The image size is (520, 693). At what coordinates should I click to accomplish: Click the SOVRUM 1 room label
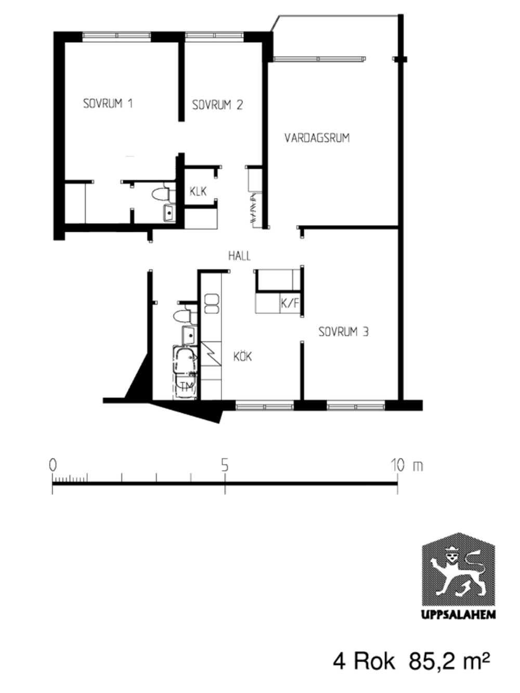tap(108, 103)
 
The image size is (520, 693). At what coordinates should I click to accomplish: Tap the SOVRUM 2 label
tap(217, 105)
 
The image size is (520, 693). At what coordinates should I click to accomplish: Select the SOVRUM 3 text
tap(344, 332)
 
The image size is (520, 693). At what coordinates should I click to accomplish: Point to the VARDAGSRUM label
tap(317, 138)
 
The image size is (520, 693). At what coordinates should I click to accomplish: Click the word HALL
tap(240, 256)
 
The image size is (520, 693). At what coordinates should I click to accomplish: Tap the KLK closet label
tap(198, 191)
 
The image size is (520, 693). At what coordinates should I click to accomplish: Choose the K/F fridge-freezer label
tap(290, 304)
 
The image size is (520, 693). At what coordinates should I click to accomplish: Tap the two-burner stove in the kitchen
tap(212, 304)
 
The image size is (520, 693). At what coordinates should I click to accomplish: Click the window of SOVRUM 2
tap(215, 35)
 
